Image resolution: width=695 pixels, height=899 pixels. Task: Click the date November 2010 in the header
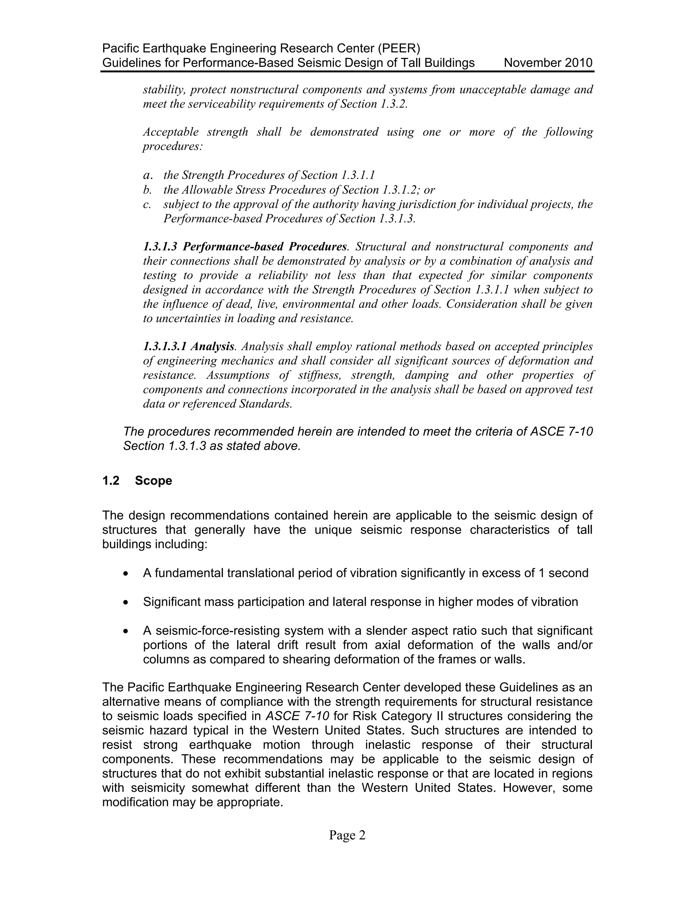548,63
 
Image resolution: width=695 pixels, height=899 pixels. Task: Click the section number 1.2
111,480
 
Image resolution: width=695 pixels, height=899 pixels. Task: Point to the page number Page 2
347,835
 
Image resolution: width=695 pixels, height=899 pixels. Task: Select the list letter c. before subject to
147,204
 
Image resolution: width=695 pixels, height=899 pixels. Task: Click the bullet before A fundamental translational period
126,574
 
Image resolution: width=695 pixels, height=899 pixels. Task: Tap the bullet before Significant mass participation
126,602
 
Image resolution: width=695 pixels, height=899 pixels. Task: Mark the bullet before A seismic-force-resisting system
126,631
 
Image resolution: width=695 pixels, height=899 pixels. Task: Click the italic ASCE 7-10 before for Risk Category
297,716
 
